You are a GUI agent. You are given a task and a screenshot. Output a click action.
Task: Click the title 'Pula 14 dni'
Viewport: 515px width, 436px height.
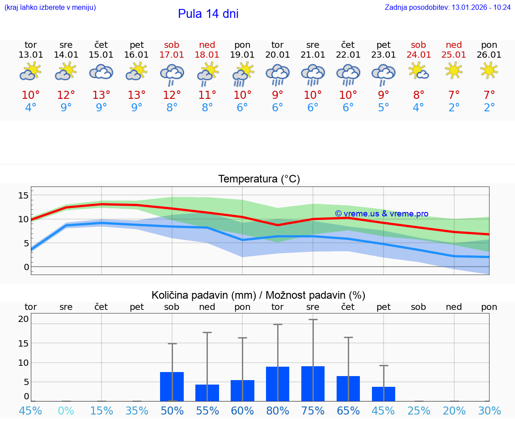pos(208,14)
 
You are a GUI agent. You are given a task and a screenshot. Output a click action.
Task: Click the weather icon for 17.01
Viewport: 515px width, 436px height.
pos(172,74)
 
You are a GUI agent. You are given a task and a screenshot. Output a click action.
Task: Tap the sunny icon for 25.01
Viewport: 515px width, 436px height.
pos(454,70)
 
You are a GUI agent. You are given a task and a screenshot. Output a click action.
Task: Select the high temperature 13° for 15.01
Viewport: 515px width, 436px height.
pos(101,95)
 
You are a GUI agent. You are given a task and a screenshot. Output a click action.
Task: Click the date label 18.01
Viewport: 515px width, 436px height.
pos(207,55)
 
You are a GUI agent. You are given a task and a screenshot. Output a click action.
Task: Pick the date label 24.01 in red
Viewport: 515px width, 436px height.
pos(418,55)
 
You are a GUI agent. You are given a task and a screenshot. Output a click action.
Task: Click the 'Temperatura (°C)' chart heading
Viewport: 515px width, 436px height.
pos(259,179)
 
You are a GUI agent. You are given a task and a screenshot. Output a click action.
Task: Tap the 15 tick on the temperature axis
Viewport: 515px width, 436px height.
pos(23,195)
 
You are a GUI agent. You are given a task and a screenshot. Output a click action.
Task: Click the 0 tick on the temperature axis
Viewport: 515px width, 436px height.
pos(26,267)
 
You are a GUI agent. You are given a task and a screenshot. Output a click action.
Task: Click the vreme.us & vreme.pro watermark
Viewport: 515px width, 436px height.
pos(381,214)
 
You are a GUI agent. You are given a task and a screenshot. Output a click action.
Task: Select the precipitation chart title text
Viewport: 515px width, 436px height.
pos(258,295)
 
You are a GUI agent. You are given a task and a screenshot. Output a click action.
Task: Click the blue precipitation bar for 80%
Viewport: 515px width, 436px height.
pos(278,384)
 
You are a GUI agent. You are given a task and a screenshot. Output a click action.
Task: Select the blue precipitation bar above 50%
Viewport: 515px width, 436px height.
pos(172,386)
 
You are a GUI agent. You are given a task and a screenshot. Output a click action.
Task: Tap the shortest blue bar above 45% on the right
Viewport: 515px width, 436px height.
pos(384,394)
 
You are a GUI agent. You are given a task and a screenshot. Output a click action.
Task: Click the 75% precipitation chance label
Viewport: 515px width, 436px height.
pos(313,411)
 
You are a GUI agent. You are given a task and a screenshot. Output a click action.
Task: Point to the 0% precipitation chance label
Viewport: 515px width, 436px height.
pos(66,411)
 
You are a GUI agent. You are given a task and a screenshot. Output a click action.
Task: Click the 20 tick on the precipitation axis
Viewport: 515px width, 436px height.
pos(23,319)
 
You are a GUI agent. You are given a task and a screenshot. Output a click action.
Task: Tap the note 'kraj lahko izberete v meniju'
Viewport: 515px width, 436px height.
pos(50,8)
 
